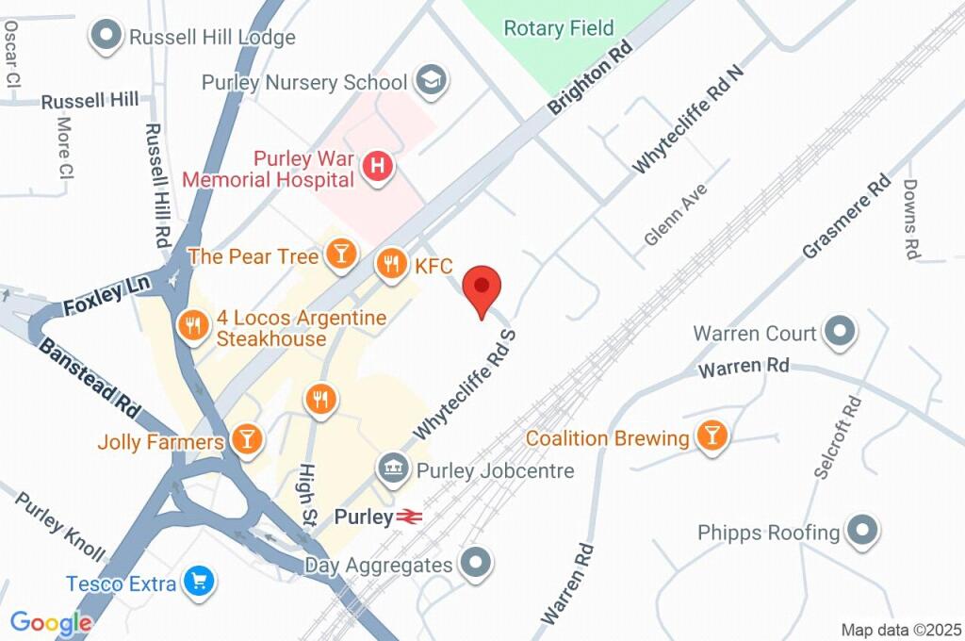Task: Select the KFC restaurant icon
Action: coord(391,265)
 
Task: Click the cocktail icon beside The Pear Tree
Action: coord(339,254)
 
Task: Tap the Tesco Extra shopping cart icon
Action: coord(198,583)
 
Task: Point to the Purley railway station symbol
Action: coord(408,517)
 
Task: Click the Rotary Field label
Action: coord(558,28)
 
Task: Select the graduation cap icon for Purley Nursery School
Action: coord(432,82)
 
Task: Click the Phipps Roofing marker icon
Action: coord(861,532)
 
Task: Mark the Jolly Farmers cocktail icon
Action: coord(248,439)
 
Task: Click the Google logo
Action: coord(51,622)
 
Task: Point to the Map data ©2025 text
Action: coord(900,630)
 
